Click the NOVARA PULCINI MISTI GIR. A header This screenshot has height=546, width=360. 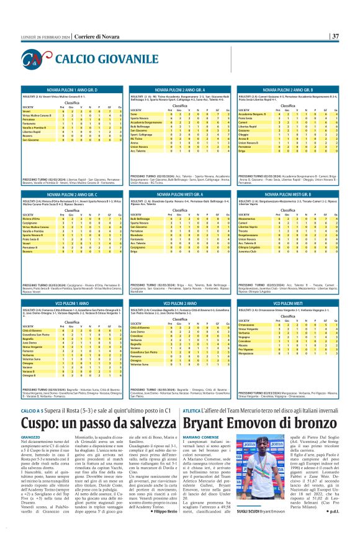(x=179, y=194)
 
